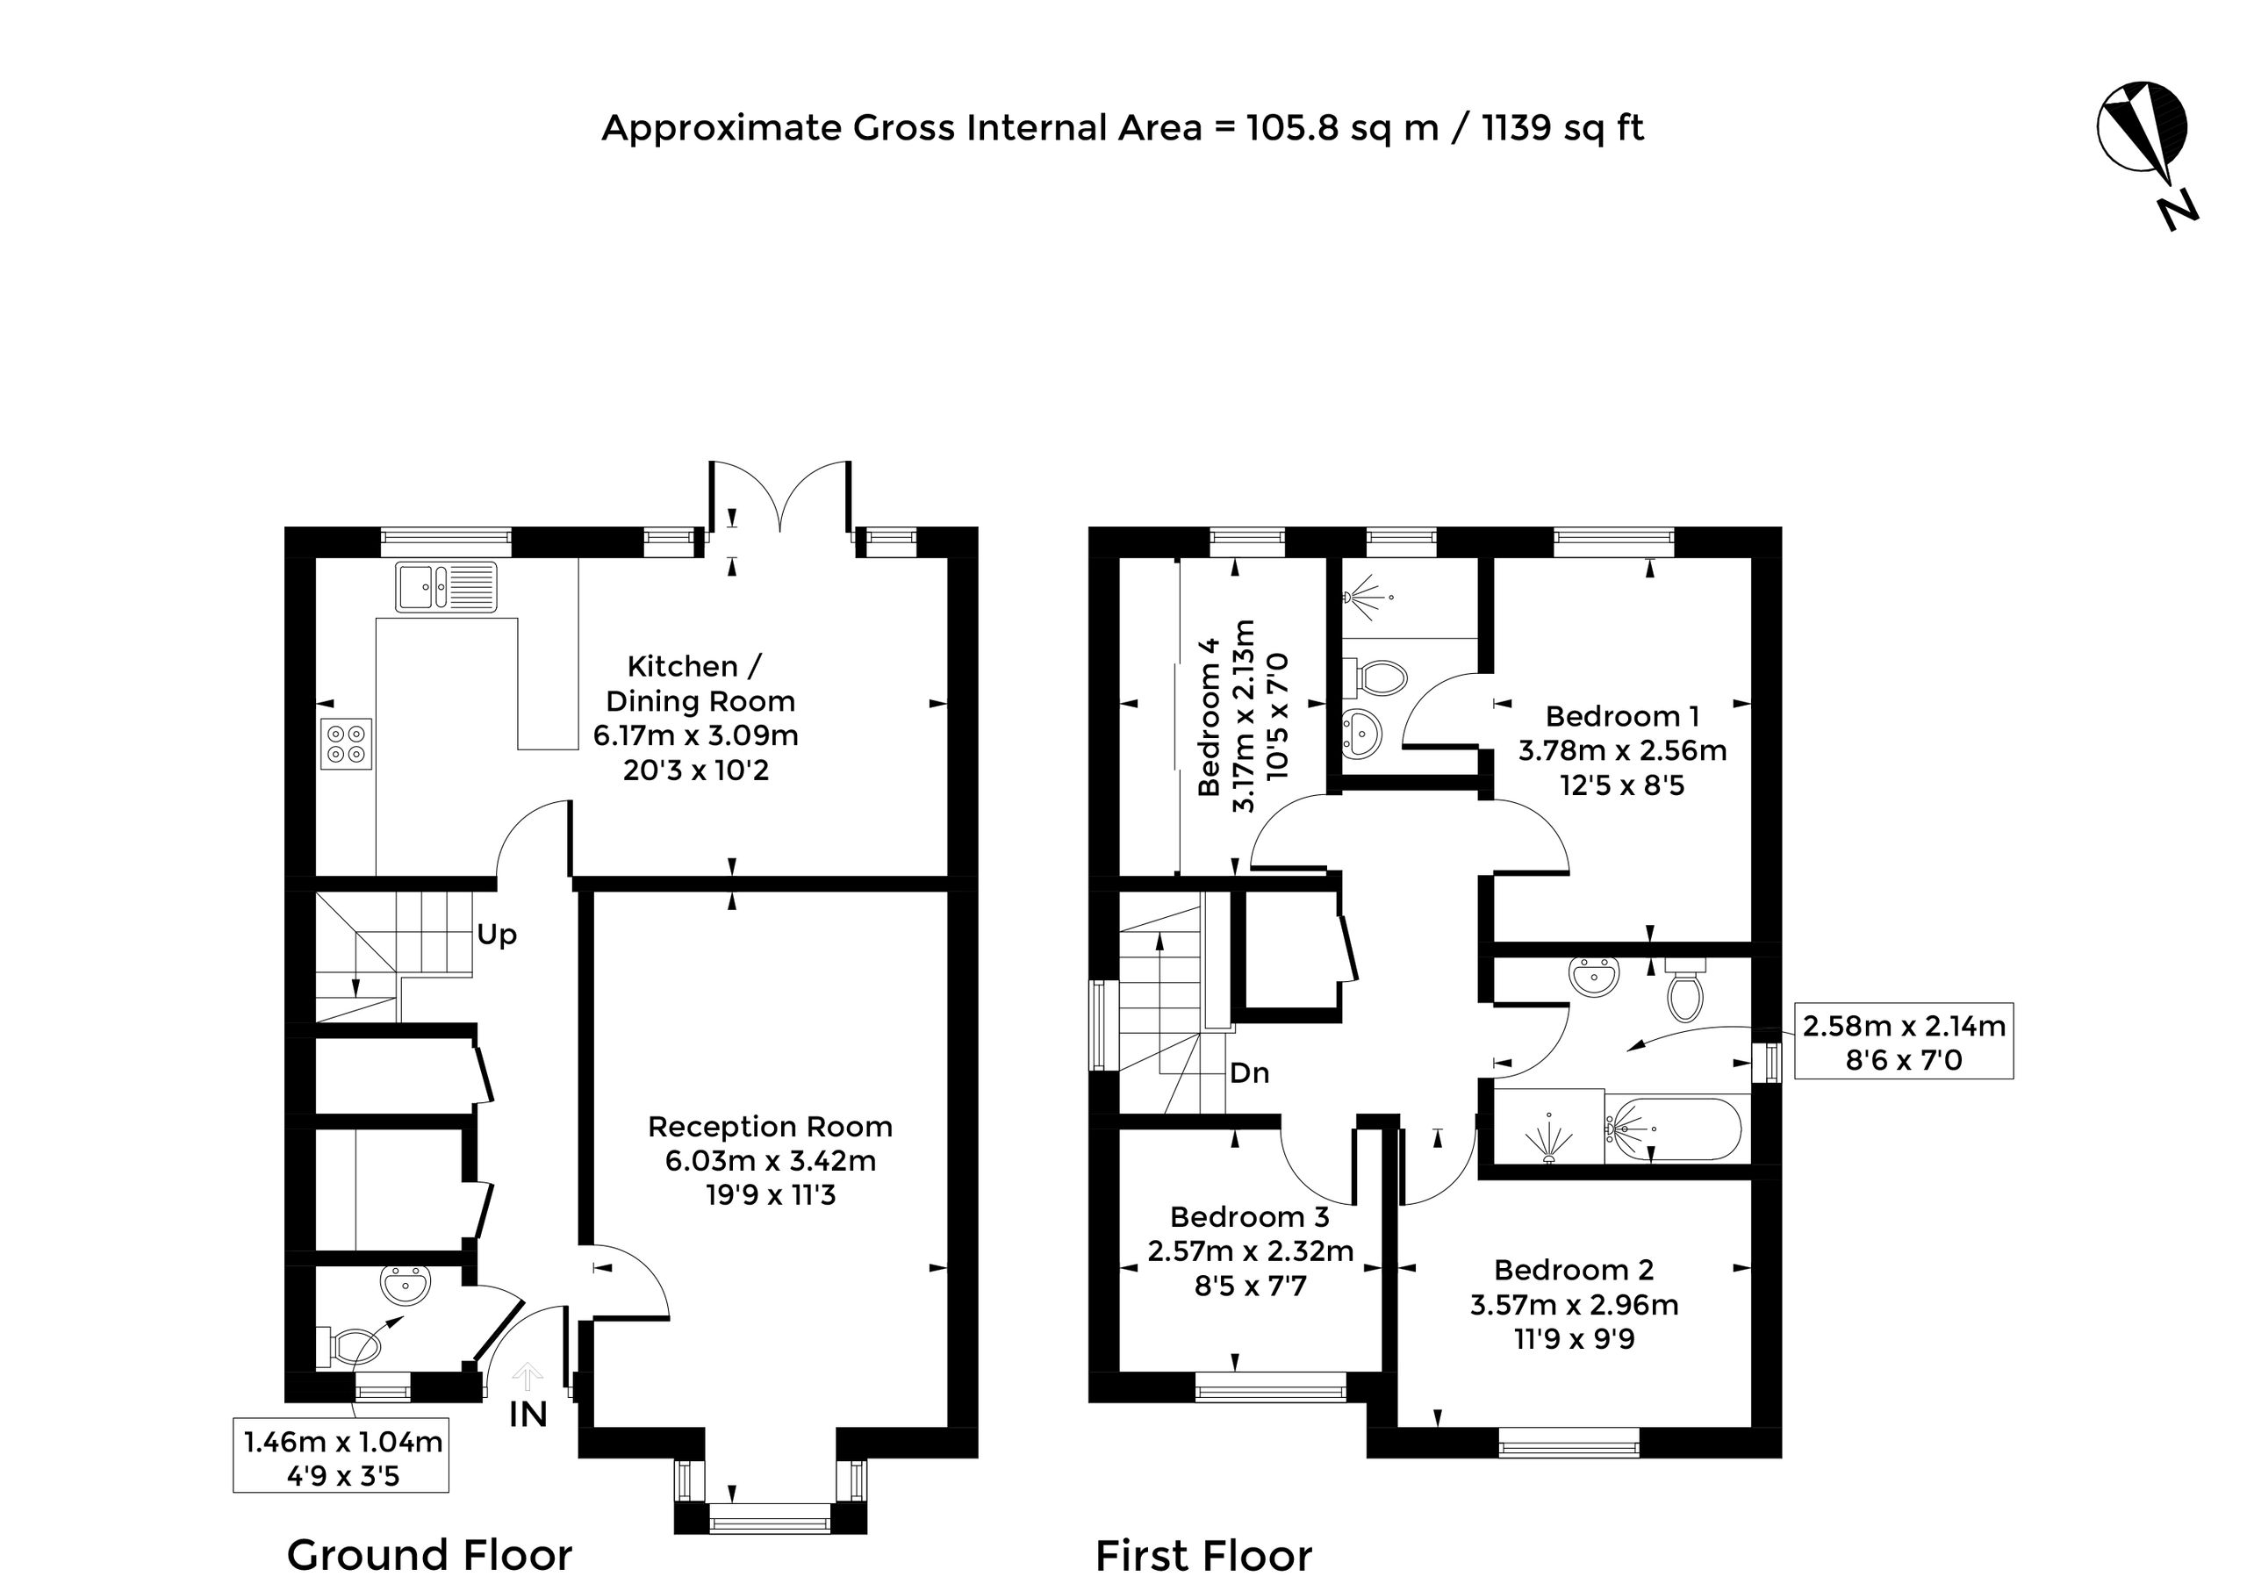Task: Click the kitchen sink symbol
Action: tap(446, 587)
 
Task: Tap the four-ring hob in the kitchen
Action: tap(347, 743)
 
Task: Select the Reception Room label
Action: tap(771, 1127)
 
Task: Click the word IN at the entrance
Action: tap(528, 1415)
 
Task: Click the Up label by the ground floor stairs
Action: tap(497, 935)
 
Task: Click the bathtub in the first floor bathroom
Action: tap(1675, 1129)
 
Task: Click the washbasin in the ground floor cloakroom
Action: tap(406, 1285)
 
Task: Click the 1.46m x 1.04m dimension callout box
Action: tap(341, 1455)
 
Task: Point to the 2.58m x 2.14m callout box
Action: tap(1904, 1041)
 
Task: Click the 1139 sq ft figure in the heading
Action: tap(1563, 127)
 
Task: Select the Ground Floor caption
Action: tap(429, 1555)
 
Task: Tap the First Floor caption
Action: tap(1203, 1556)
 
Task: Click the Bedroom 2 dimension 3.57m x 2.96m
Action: tap(1575, 1305)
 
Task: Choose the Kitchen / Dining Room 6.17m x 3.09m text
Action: tap(696, 735)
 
